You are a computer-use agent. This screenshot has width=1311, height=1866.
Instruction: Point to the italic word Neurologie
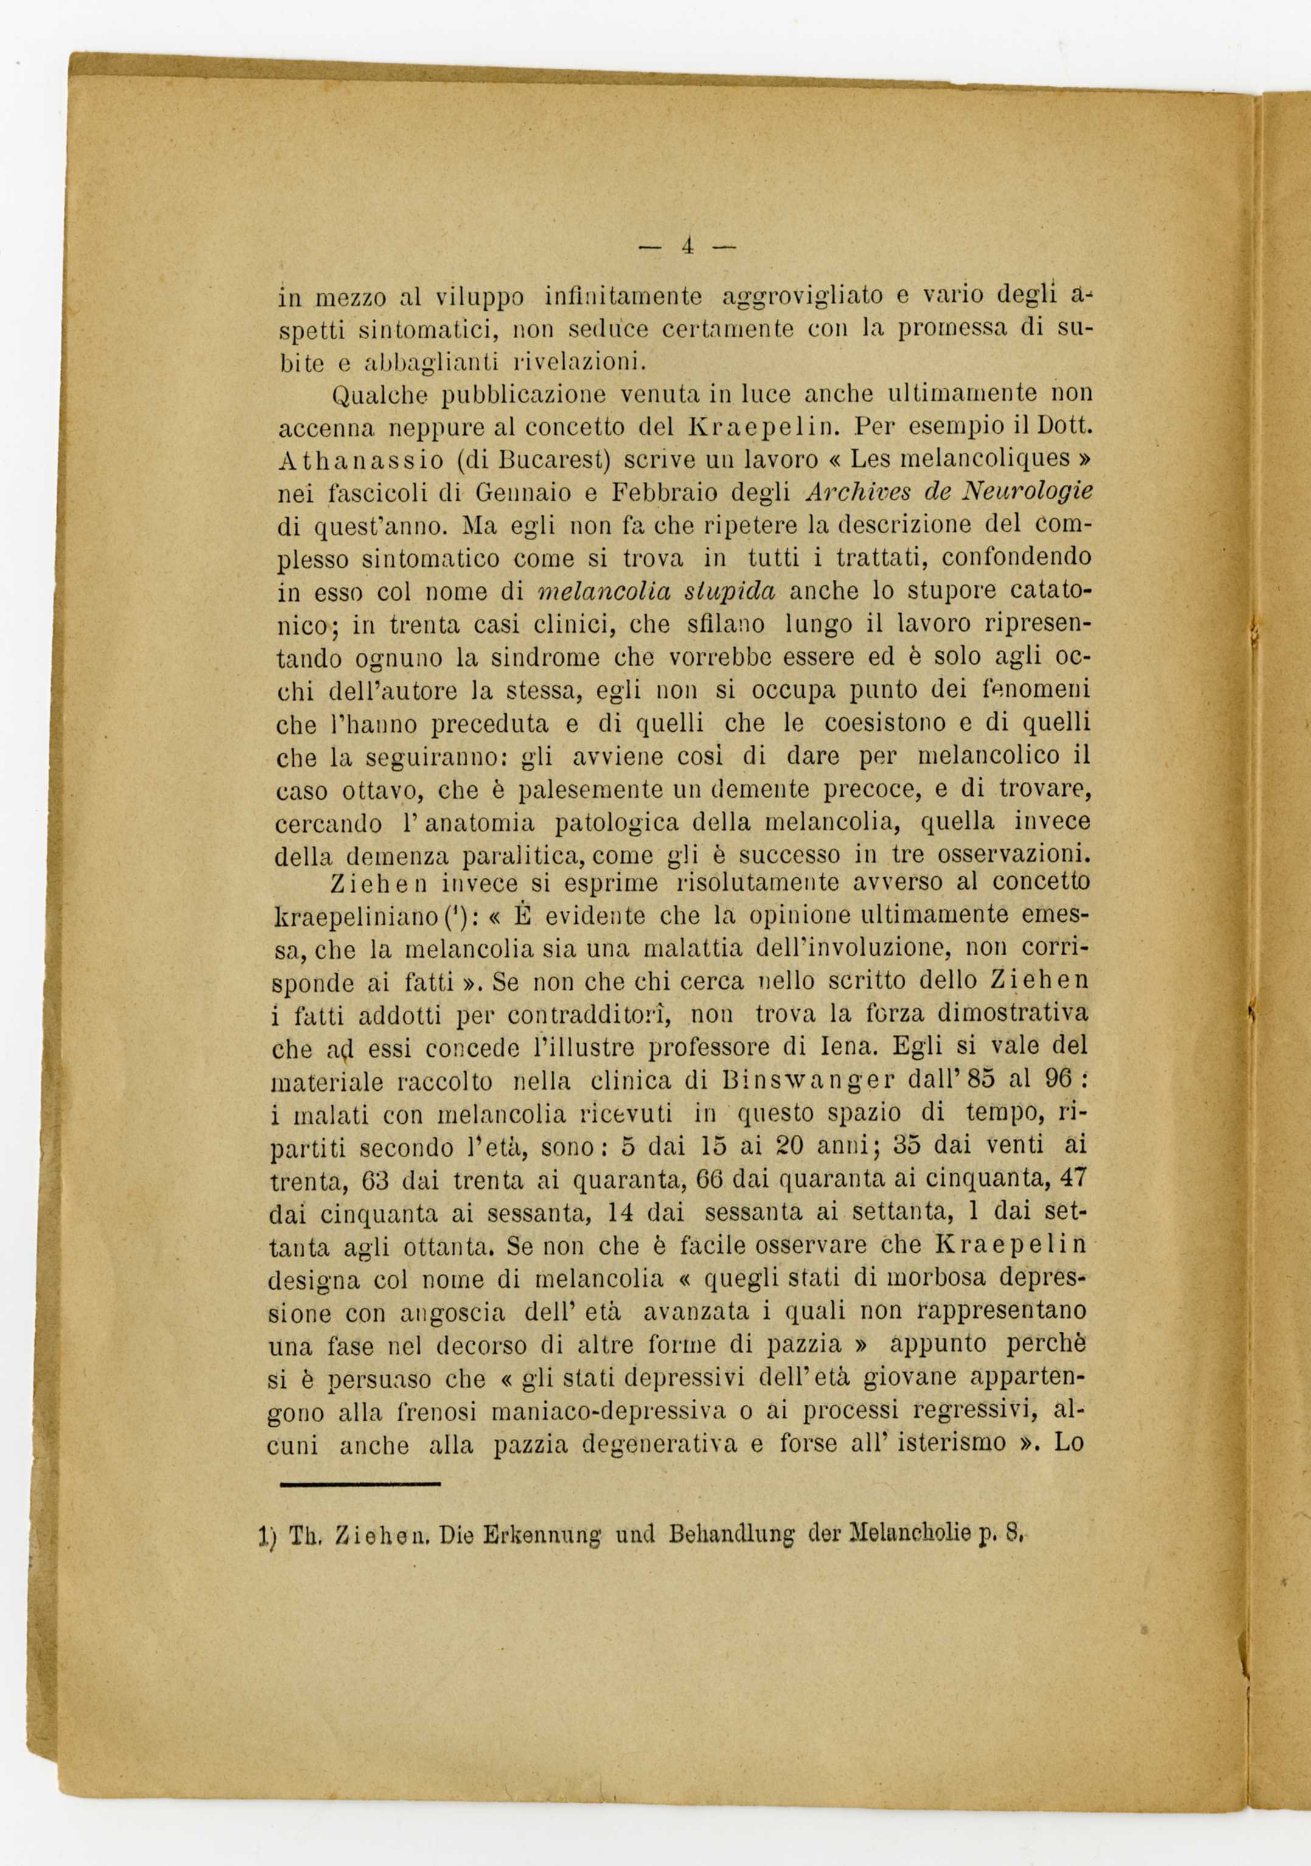(x=1026, y=492)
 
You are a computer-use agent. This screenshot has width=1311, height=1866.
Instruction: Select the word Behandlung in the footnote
(x=726, y=1535)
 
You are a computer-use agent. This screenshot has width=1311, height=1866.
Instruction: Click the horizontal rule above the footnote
(x=360, y=1483)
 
